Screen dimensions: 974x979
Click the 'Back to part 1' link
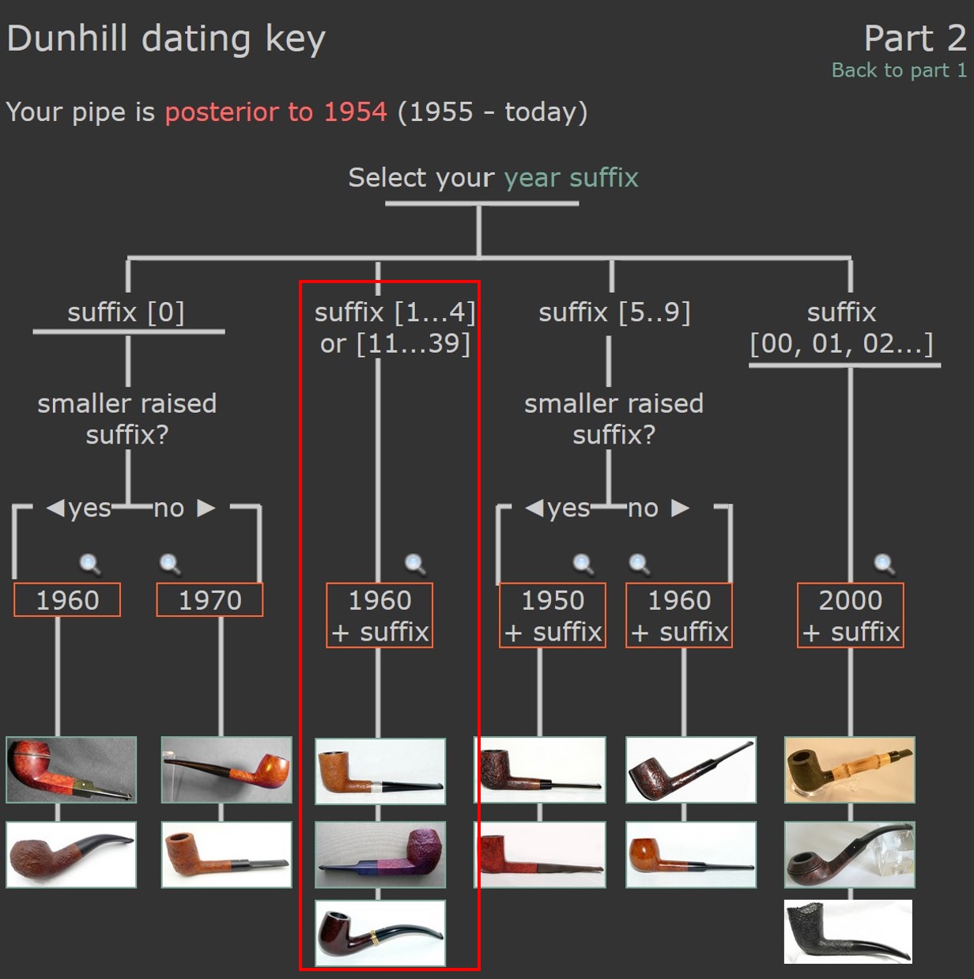[x=899, y=70]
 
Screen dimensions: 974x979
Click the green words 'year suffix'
[x=571, y=178]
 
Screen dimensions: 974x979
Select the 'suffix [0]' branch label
[x=126, y=312]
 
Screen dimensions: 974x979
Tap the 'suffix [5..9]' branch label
[x=614, y=312]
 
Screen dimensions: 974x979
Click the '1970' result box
[x=210, y=599]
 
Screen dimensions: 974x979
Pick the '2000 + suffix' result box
[x=850, y=615]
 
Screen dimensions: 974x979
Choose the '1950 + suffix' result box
[x=553, y=615]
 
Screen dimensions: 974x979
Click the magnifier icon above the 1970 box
[x=170, y=564]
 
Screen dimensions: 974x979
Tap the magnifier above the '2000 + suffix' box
[x=884, y=564]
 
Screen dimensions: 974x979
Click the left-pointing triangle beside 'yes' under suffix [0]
[x=55, y=508]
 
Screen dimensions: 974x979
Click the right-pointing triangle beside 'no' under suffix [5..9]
[x=681, y=508]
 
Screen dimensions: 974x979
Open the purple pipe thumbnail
[x=380, y=855]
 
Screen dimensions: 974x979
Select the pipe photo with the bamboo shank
[x=850, y=769]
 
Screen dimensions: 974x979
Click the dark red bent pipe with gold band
[x=380, y=933]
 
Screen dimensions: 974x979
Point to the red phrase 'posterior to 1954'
[x=276, y=112]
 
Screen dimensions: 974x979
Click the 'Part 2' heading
[x=915, y=38]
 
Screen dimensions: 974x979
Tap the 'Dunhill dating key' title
[x=166, y=40]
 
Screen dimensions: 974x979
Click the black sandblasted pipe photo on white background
[x=848, y=932]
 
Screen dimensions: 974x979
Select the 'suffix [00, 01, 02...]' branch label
[x=841, y=328]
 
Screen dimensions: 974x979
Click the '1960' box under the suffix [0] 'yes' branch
[x=67, y=599]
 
